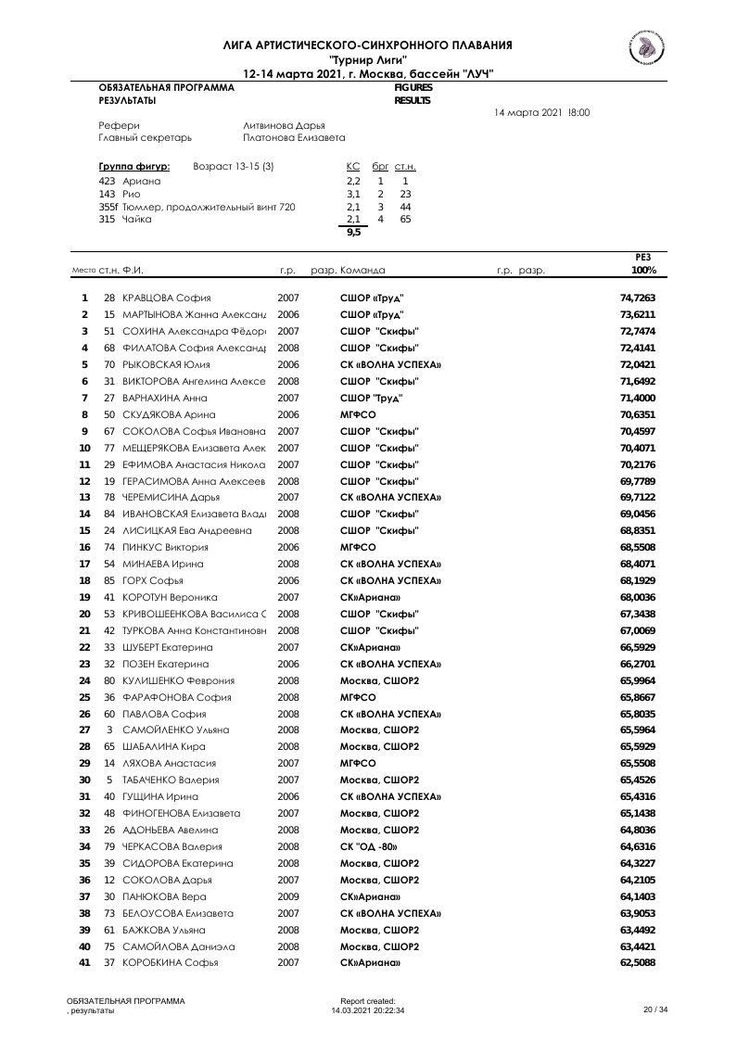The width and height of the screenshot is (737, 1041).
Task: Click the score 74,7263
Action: [x=637, y=298]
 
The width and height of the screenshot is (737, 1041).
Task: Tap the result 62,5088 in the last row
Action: [x=637, y=963]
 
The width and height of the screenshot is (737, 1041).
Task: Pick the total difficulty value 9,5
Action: [x=353, y=233]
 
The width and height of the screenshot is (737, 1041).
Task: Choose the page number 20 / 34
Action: [x=655, y=1009]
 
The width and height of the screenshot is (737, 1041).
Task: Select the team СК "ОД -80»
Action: [x=369, y=846]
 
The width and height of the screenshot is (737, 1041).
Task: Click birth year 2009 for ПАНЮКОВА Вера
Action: [x=288, y=896]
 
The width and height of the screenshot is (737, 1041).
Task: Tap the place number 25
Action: [x=84, y=697]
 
